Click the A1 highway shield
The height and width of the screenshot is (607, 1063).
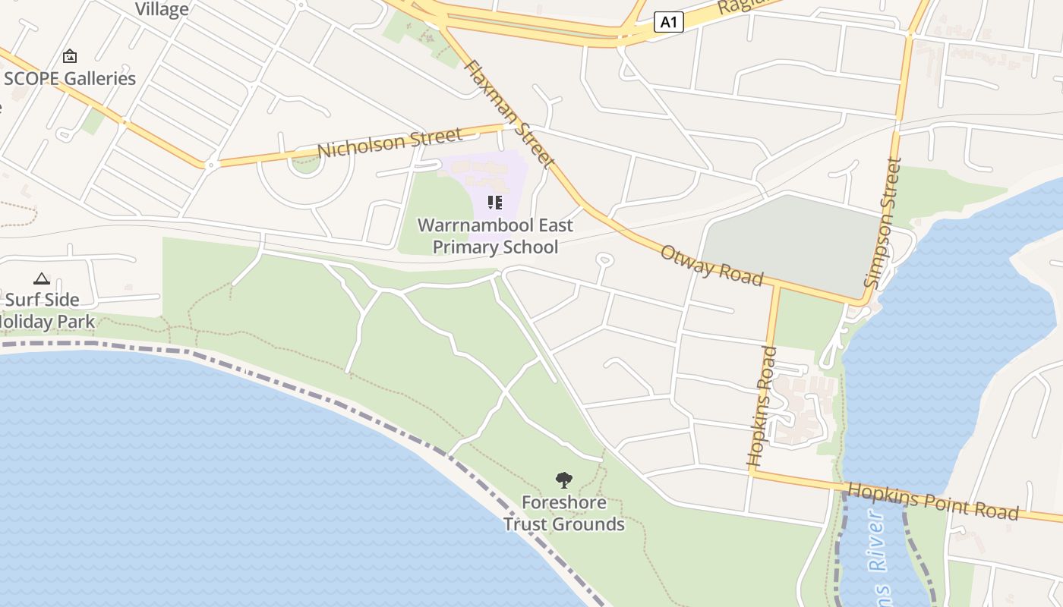[x=668, y=22]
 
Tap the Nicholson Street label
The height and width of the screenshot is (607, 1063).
[x=390, y=143]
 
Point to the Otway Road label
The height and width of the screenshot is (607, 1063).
[x=711, y=265]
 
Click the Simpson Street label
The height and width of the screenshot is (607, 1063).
[x=883, y=222]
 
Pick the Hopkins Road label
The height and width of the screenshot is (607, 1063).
[x=762, y=406]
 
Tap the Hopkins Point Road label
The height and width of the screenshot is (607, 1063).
[x=932, y=501]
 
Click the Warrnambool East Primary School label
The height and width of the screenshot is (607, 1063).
[x=495, y=236]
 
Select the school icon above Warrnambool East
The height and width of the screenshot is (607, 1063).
[x=495, y=203]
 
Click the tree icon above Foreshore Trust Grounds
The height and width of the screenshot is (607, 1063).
[x=563, y=480]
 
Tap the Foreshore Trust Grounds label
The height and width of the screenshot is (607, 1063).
[x=563, y=513]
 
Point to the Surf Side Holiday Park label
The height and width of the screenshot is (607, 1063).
[x=46, y=310]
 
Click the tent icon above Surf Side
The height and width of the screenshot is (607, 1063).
[x=41, y=278]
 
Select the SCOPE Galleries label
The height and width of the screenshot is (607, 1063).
[x=70, y=78]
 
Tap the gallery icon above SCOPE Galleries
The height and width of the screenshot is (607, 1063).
[x=70, y=55]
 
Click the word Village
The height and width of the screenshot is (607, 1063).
[x=162, y=9]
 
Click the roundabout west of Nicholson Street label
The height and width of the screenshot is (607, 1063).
[x=211, y=164]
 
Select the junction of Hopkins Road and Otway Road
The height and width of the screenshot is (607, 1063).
[x=776, y=287]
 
